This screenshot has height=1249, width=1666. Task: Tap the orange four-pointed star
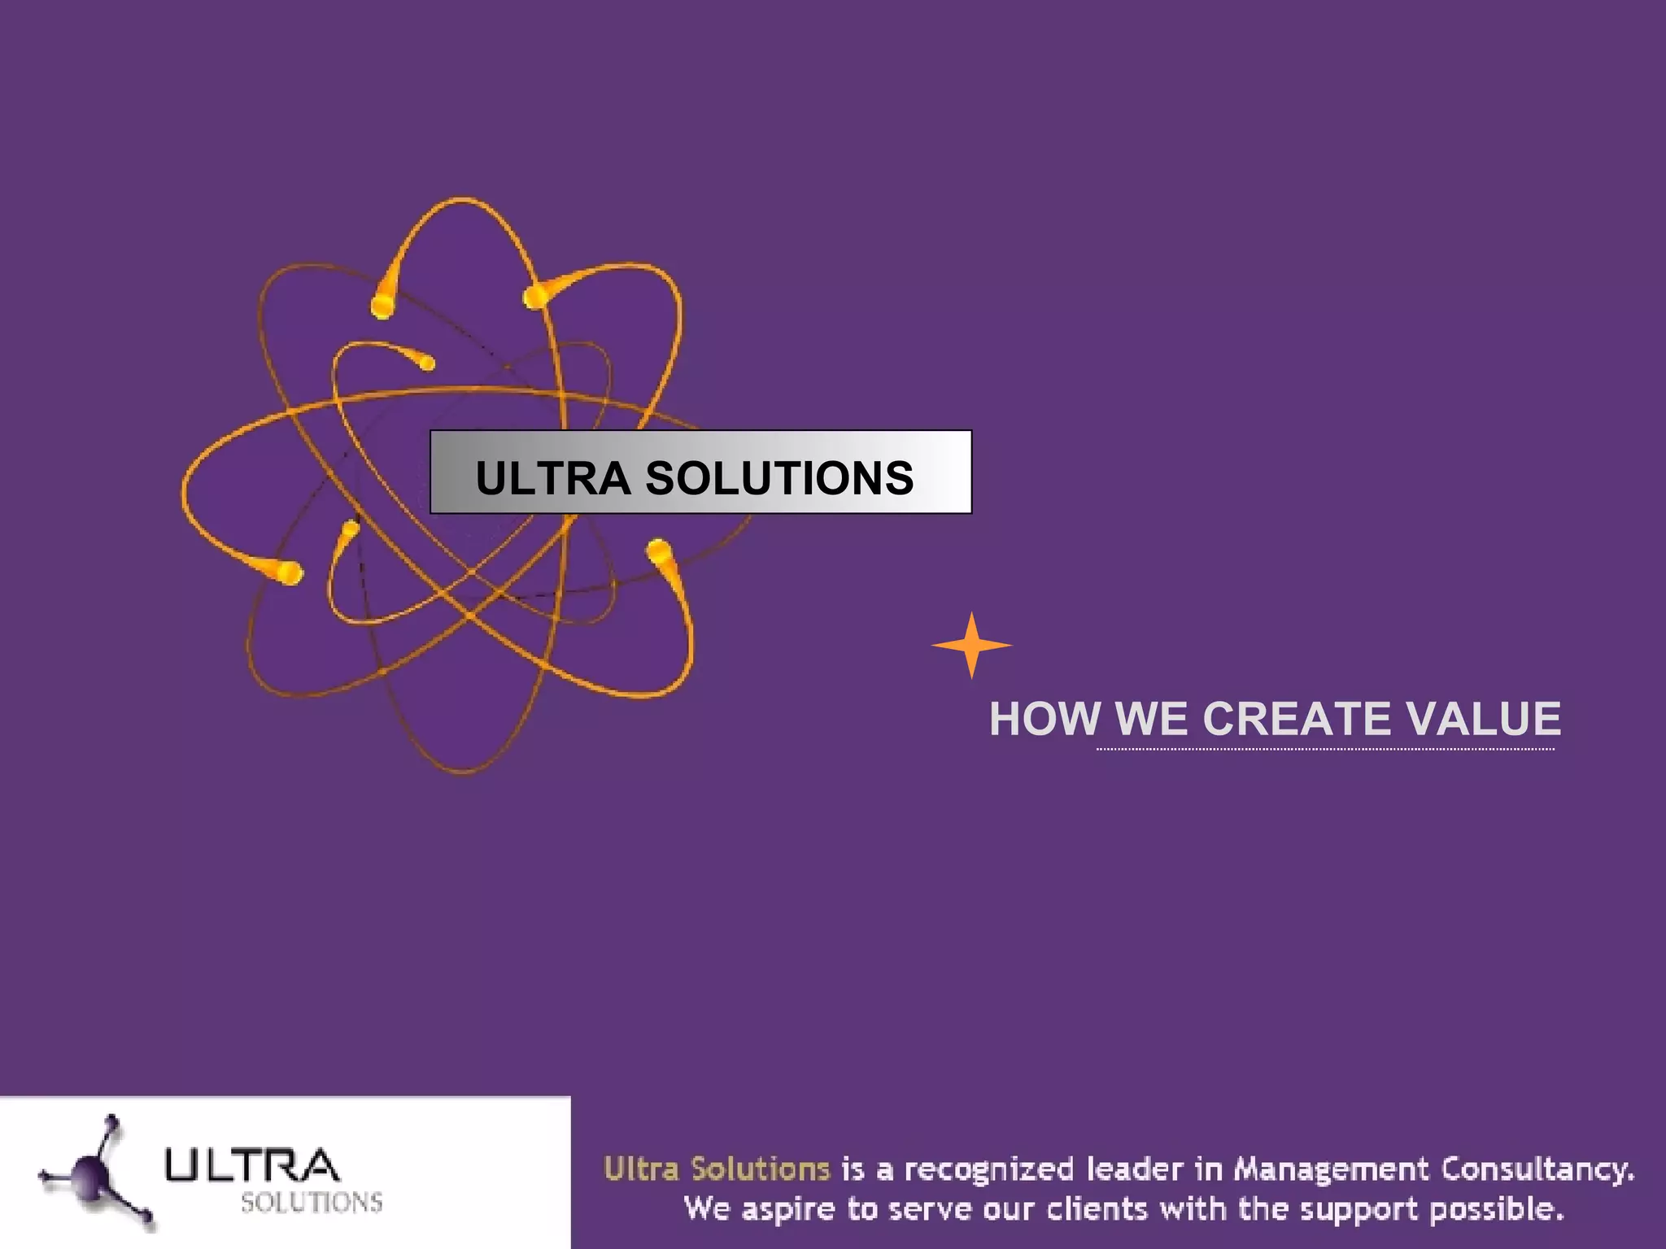click(x=971, y=646)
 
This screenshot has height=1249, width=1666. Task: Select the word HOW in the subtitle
click(x=1045, y=719)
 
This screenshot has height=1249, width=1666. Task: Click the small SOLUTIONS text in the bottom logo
click(x=312, y=1202)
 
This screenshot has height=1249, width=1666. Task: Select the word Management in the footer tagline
click(x=1331, y=1169)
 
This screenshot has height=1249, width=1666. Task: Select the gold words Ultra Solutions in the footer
click(x=717, y=1169)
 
